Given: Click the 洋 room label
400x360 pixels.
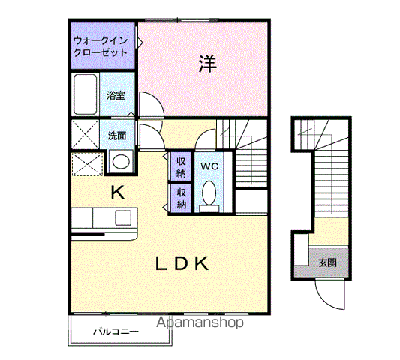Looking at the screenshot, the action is tap(208, 64).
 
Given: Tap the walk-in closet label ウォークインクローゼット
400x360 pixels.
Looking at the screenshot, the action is tap(101, 46).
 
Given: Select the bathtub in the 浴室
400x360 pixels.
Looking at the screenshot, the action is tap(86, 94).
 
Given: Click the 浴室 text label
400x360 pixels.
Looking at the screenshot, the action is tap(116, 95).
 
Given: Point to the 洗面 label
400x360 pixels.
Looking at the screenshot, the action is tap(117, 136).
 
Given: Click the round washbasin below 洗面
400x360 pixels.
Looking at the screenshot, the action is tap(121, 161).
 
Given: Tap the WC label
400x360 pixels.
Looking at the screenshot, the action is tap(209, 166).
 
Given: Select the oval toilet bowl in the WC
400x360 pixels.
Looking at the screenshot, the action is tap(209, 193).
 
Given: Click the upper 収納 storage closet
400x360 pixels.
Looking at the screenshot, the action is tap(181, 167).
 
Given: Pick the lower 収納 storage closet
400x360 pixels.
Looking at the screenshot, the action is tap(181, 198).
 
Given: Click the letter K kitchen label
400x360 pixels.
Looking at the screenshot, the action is tap(118, 193).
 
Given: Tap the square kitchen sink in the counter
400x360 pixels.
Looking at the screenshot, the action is tap(123, 218).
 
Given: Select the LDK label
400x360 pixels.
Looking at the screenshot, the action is tap(182, 263).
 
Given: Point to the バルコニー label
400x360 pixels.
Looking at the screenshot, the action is tap(116, 331).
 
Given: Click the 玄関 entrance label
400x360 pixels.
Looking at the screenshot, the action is tap(327, 262).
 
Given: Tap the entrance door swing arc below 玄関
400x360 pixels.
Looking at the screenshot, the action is tap(324, 300).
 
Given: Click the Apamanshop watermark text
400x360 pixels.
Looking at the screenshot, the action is tap(200, 322).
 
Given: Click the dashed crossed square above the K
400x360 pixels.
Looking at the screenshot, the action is tap(88, 164).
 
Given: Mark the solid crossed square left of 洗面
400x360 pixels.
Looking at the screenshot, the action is tap(86, 134).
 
